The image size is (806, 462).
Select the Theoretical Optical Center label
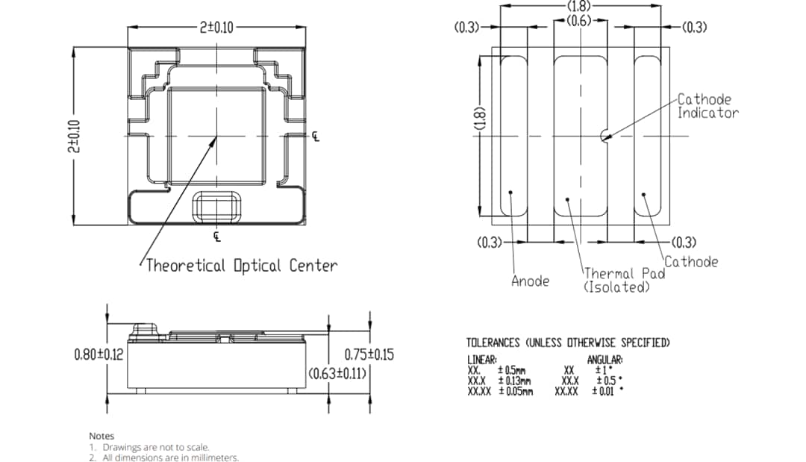241,265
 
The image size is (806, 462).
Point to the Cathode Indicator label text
707,106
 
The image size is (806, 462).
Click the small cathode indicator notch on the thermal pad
603,136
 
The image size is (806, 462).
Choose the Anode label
530,281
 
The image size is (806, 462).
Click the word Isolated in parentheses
616,287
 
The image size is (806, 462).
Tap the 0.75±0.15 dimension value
369,355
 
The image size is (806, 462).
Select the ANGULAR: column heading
604,360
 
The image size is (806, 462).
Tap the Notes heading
101,435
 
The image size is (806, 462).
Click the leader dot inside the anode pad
510,193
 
